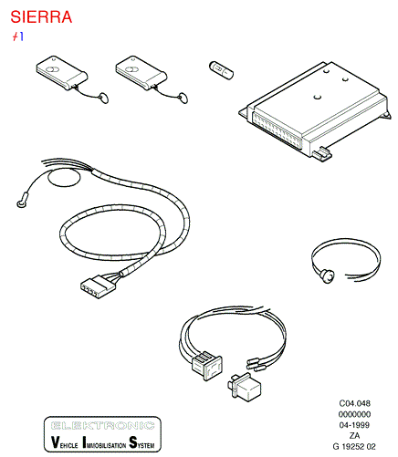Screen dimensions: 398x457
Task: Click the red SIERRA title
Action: pos(41,17)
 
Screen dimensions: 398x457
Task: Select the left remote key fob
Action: pos(62,73)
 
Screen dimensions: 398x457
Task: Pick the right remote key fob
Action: pos(141,73)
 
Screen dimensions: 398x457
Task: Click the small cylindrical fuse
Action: pos(221,70)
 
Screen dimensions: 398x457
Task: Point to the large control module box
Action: pos(315,111)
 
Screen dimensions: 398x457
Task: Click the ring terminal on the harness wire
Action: pos(22,203)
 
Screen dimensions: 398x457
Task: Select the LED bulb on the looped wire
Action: pos(328,276)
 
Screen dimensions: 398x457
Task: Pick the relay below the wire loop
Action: pos(245,389)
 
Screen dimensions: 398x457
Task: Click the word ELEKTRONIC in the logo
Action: pos(102,425)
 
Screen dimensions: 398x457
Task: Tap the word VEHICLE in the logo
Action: pos(64,442)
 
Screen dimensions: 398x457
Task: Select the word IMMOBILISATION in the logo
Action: pos(104,442)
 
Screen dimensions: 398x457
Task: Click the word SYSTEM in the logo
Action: pos(141,442)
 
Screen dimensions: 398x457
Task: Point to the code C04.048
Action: pos(354,403)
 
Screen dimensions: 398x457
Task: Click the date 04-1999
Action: pos(354,425)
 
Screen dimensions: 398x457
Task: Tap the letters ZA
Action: pos(354,436)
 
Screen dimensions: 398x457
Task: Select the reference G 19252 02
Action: pos(354,447)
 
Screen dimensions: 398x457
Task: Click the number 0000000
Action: pos(354,414)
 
